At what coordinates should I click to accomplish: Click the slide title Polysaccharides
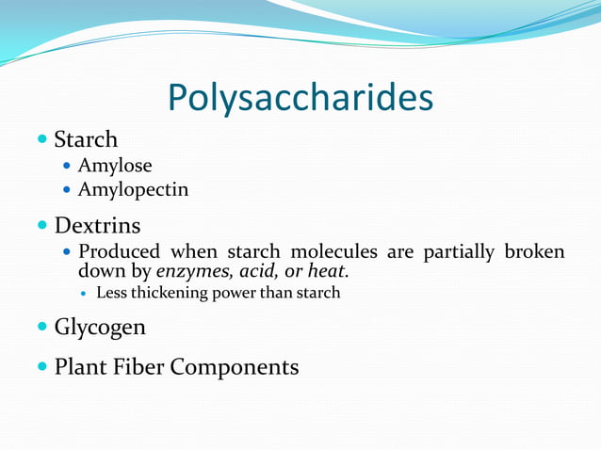point(300,98)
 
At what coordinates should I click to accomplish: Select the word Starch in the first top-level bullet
point(86,140)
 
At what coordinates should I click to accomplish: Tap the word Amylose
point(114,167)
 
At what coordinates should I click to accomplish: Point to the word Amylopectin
point(133,190)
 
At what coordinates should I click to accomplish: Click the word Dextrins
point(97,226)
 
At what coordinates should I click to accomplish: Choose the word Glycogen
point(100,328)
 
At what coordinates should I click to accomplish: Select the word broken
point(535,252)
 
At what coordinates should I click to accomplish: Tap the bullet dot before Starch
point(41,139)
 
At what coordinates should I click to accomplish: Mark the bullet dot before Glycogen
point(41,327)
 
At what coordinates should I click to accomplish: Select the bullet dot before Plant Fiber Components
point(41,366)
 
